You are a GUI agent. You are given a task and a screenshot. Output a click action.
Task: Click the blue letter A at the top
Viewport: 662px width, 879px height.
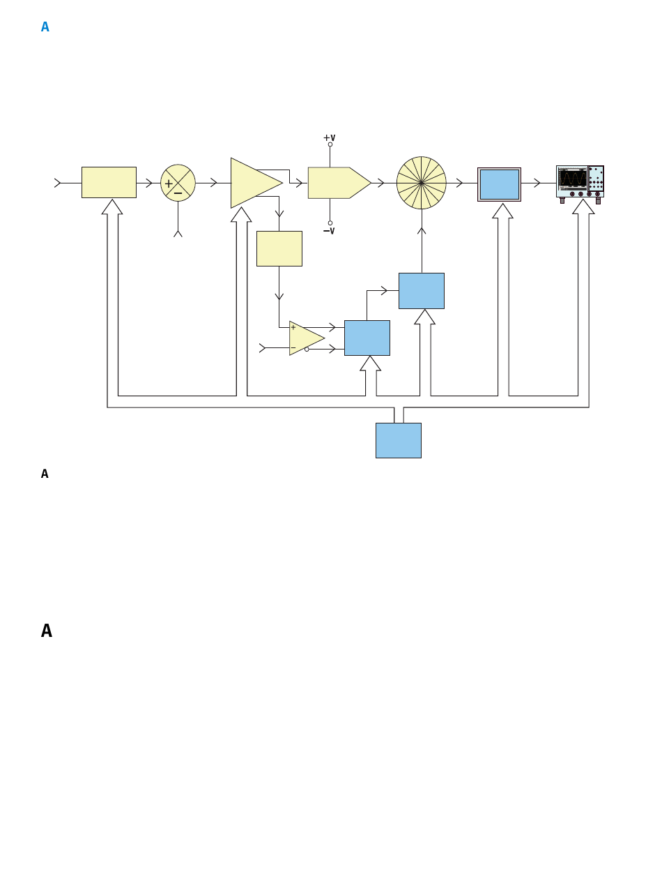click(45, 27)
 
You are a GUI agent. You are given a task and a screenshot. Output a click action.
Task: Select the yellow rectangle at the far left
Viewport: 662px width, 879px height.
click(109, 182)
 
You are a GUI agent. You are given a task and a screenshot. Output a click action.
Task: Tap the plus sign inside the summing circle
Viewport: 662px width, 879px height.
click(169, 183)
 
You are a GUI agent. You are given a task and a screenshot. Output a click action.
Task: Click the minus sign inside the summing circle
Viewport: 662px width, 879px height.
click(178, 193)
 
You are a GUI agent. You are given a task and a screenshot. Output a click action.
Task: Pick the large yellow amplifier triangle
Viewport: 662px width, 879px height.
click(252, 183)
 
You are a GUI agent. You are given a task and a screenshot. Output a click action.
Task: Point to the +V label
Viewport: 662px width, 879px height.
click(329, 137)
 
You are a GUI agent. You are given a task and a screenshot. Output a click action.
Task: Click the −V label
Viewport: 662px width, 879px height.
click(329, 231)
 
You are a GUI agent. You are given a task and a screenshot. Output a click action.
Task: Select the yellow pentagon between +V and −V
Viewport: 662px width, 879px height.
click(339, 183)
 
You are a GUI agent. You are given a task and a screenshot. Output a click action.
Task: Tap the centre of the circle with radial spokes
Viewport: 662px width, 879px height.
click(421, 183)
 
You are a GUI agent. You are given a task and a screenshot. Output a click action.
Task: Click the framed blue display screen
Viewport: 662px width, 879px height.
click(499, 184)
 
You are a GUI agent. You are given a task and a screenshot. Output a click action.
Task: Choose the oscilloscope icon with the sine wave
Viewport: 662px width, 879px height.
click(580, 184)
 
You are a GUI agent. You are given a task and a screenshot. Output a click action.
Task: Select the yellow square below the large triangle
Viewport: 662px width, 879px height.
click(279, 248)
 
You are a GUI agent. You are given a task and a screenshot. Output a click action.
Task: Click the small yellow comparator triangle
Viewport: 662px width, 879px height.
click(304, 338)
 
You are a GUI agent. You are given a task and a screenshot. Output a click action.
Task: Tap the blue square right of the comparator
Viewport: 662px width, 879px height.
click(367, 338)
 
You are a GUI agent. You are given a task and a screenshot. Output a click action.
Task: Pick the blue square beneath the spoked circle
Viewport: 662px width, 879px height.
click(421, 291)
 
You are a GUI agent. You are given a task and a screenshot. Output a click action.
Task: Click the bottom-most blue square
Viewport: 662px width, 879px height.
click(399, 440)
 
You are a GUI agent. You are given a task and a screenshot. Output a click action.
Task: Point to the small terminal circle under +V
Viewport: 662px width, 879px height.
click(330, 144)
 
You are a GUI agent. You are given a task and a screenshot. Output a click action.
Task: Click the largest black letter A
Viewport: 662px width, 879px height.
click(47, 631)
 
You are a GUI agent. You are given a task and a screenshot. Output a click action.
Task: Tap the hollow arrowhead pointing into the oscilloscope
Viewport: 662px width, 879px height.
click(583, 206)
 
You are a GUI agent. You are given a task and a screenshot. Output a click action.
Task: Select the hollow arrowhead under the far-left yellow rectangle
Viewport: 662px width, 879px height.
click(112, 207)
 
